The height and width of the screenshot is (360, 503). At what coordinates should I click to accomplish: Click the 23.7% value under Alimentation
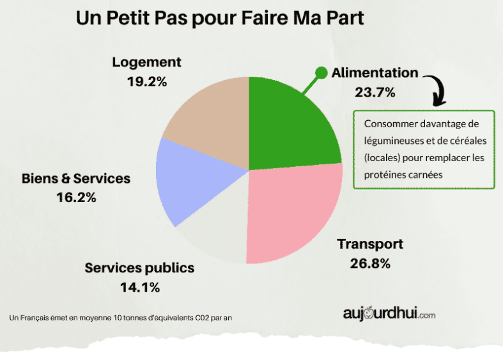click(x=375, y=92)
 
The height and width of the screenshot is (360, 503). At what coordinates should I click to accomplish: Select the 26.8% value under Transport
click(x=370, y=263)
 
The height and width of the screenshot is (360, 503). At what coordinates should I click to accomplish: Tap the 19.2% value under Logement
click(x=147, y=82)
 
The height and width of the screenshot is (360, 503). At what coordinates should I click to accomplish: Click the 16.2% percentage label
click(x=76, y=198)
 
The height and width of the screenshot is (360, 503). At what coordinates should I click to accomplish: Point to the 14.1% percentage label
click(x=139, y=287)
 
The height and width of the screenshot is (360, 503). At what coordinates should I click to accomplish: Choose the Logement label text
click(x=147, y=62)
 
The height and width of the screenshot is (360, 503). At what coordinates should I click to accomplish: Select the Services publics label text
click(x=139, y=267)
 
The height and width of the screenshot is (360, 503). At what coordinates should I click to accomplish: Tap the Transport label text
click(x=370, y=244)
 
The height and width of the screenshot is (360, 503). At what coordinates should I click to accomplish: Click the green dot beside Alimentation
click(x=321, y=73)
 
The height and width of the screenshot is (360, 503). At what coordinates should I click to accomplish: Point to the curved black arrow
click(x=437, y=90)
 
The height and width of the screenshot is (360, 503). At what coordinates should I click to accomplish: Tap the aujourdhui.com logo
click(x=389, y=314)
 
